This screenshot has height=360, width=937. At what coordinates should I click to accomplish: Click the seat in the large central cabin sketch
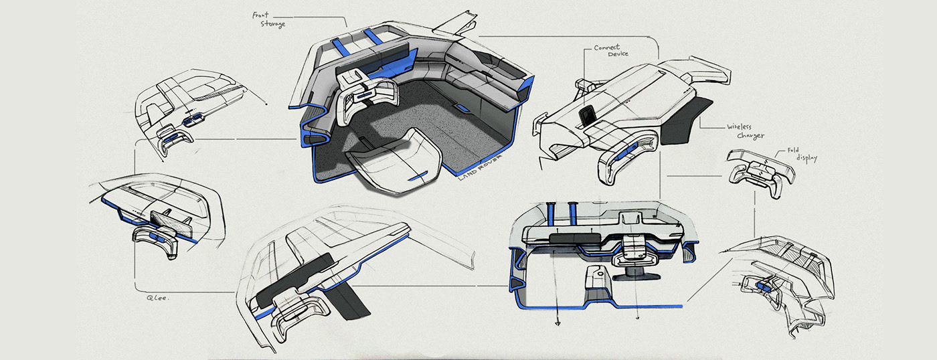[x=395, y=161]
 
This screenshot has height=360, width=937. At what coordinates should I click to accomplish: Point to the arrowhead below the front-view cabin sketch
[x=556, y=323]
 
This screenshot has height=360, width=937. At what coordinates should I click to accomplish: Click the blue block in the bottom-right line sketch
[x=762, y=286]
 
